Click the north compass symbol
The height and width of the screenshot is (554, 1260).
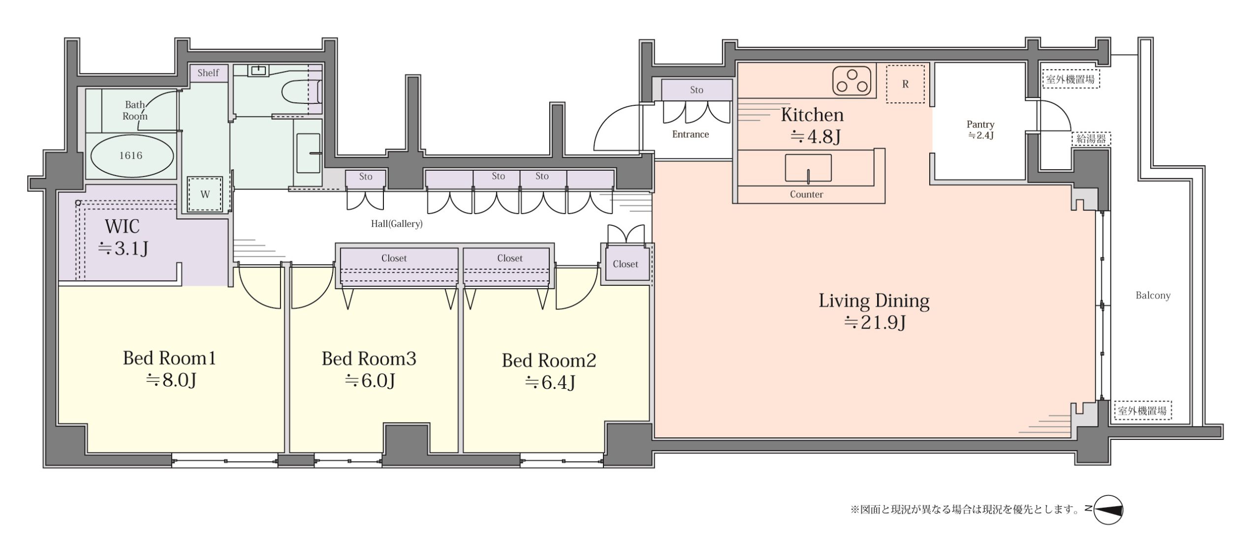click(1108, 509)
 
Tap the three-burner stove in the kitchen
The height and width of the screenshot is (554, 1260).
click(851, 81)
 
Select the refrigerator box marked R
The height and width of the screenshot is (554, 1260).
click(905, 84)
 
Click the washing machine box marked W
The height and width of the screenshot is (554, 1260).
click(205, 194)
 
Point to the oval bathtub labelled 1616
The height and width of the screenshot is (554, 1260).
click(132, 155)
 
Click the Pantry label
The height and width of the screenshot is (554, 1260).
click(980, 124)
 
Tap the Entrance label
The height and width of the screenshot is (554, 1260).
click(691, 134)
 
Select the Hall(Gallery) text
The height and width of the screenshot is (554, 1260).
click(397, 224)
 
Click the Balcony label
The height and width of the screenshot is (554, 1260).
click(1153, 295)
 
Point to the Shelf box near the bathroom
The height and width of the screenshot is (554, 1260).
click(208, 73)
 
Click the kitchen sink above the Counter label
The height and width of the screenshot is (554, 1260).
click(808, 168)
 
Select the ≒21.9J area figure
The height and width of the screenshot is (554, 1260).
click(875, 322)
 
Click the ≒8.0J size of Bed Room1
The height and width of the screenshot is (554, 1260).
click(171, 380)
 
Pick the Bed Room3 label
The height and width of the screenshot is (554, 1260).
click(369, 359)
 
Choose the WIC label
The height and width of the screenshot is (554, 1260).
click(122, 226)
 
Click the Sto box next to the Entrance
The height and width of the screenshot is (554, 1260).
click(696, 90)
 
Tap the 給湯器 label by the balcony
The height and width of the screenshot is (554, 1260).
click(1091, 139)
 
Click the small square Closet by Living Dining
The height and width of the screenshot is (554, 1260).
click(626, 264)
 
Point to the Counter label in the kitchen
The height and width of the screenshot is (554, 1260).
click(806, 194)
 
